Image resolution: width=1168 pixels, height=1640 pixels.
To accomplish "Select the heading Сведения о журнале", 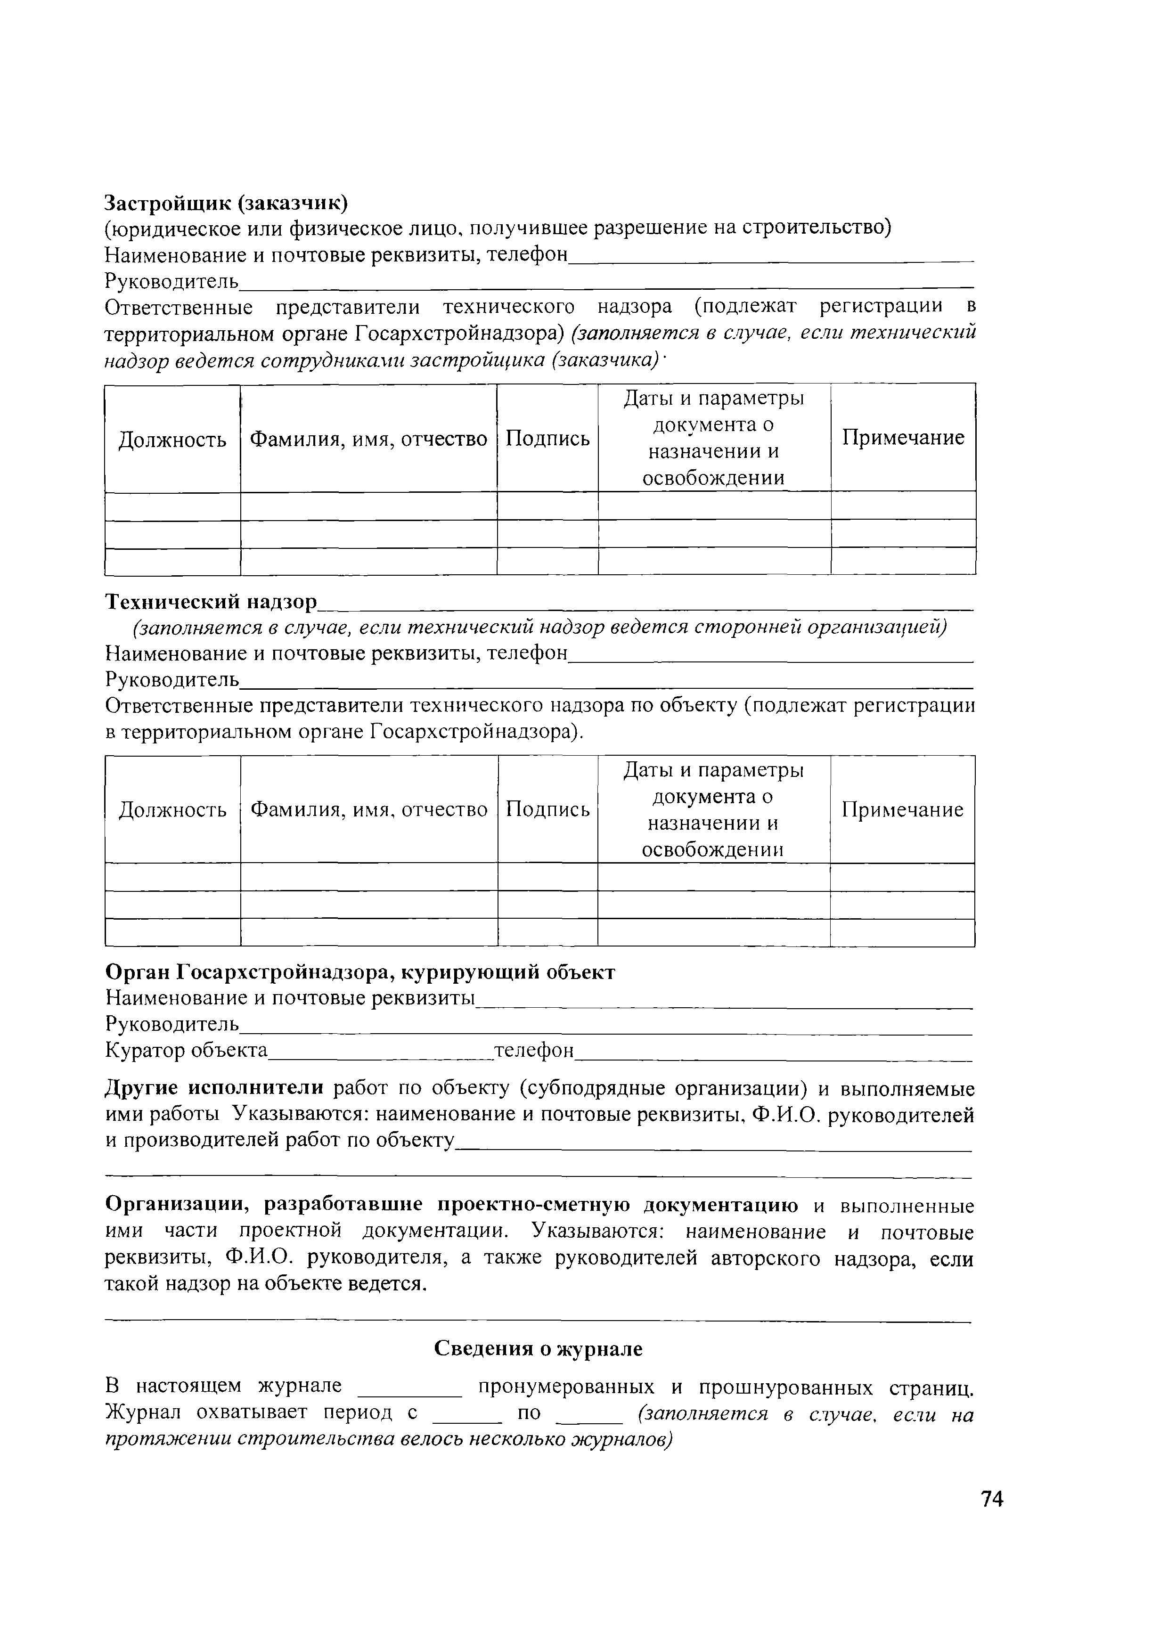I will point(538,1349).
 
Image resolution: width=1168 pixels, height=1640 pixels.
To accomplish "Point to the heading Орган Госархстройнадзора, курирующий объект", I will point(360,972).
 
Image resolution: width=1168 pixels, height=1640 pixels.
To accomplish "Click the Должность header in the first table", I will point(172,439).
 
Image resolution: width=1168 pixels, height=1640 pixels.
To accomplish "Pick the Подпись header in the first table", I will point(547,439).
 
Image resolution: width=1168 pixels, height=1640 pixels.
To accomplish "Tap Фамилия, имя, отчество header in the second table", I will point(368,810).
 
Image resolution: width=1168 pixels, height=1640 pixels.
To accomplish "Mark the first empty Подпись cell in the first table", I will point(547,506).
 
